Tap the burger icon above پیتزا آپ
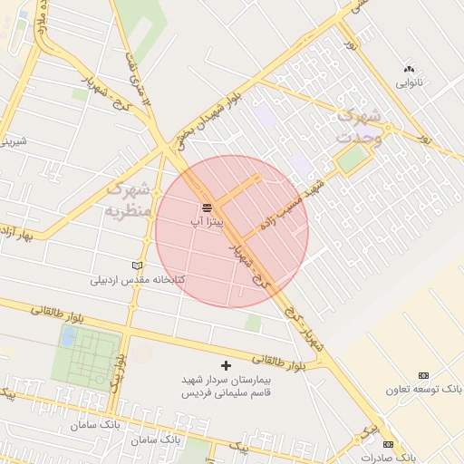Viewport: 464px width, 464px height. pos(207,208)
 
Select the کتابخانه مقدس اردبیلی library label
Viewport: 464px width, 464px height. pos(137,279)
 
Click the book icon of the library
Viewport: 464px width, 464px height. pos(138,266)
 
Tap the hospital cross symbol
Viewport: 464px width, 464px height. pos(227,365)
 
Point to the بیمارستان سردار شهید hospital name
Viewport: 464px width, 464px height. pos(229,382)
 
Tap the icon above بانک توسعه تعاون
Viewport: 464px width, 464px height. pos(423,375)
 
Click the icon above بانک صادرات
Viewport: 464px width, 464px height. pos(388,445)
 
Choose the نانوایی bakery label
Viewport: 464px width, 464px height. pos(409,82)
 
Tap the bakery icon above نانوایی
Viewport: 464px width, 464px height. pos(409,69)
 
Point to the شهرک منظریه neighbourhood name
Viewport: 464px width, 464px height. pos(127,200)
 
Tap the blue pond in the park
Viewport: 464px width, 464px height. pos(68,337)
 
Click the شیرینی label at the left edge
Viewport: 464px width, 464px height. pos(13,141)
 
